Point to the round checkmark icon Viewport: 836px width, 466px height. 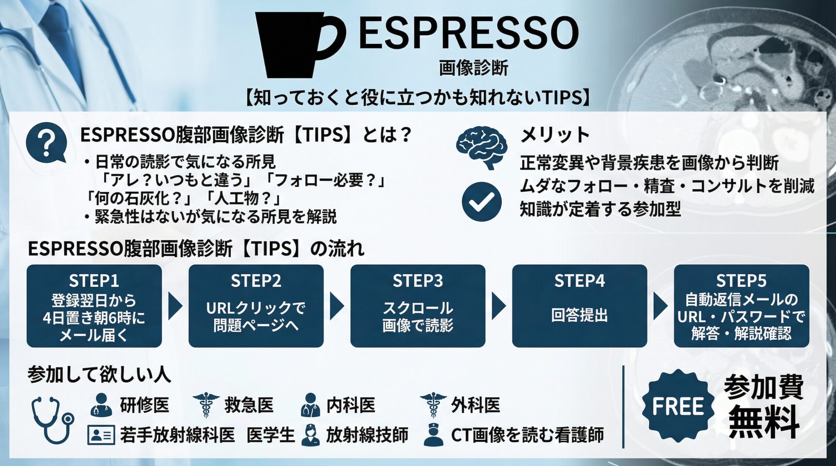(x=481, y=202)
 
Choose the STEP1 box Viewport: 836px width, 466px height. (x=94, y=306)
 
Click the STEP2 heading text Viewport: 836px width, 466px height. (x=256, y=281)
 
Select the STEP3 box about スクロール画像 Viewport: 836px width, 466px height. (x=418, y=306)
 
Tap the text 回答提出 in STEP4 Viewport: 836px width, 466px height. (x=579, y=315)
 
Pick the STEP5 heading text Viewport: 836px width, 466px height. (x=741, y=281)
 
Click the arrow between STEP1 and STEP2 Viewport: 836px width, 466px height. (x=175, y=306)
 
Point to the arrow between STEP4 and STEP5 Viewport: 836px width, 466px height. (x=660, y=306)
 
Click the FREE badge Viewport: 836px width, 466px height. (x=678, y=406)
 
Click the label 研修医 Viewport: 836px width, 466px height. (x=144, y=405)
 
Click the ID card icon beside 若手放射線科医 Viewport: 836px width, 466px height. (x=101, y=435)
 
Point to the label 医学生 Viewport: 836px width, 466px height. (x=271, y=435)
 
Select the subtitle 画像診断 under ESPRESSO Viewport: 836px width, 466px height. (x=473, y=68)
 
